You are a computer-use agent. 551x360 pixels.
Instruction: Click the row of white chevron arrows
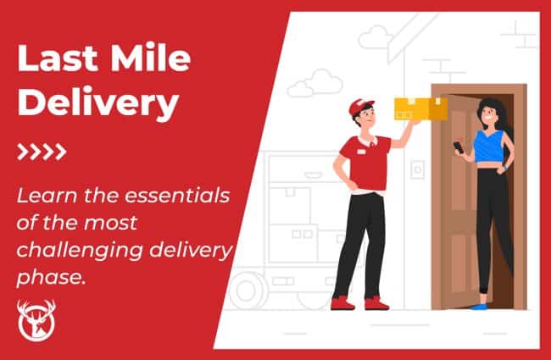[x=42, y=152]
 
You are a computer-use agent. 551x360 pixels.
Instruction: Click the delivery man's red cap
[x=360, y=108]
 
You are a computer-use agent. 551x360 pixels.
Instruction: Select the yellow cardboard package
[x=419, y=108]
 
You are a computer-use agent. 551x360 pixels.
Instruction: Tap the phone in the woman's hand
[x=459, y=147]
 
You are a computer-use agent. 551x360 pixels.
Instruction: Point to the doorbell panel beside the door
[x=417, y=169]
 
